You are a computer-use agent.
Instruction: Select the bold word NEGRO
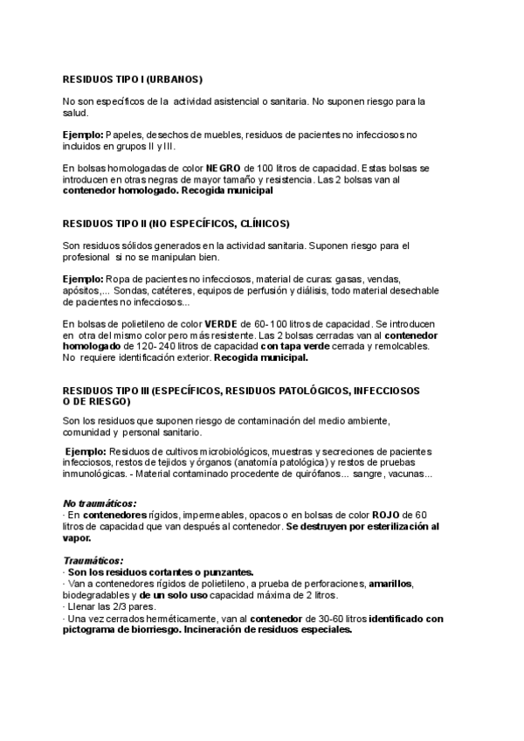pos(224,167)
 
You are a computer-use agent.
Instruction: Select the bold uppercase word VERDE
pos(220,323)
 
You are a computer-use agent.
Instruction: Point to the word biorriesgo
pos(147,629)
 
